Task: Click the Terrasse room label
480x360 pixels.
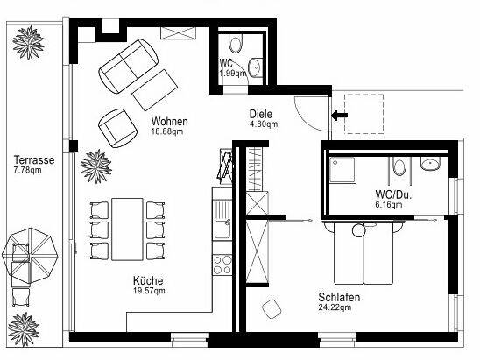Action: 34,159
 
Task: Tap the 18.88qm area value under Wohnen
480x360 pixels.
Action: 167,131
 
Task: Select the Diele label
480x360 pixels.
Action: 261,114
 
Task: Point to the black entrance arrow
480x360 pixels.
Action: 340,116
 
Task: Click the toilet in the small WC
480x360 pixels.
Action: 236,45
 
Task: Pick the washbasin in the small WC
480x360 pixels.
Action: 254,67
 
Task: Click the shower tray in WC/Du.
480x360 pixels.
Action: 342,170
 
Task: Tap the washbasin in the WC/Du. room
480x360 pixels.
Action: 430,164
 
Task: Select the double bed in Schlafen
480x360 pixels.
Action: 363,253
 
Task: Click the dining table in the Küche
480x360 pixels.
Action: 127,229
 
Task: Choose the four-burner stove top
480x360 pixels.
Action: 222,265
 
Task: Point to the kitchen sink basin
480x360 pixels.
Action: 222,229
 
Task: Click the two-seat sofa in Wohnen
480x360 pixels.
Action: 129,66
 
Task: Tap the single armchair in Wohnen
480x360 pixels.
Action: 117,128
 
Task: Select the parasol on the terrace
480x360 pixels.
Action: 30,256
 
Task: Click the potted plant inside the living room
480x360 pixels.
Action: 96,166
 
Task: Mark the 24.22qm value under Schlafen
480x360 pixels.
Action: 335,307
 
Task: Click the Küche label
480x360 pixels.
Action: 148,280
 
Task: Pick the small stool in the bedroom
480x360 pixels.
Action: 272,309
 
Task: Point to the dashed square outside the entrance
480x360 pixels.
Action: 364,114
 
